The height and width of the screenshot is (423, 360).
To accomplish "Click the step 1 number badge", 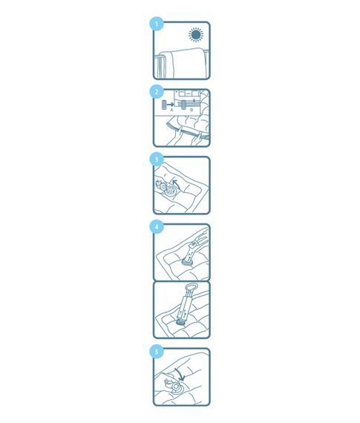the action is tap(157, 24).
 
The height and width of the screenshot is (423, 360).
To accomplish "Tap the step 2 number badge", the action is tap(157, 92).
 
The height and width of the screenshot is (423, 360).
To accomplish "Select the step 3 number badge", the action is tap(157, 160).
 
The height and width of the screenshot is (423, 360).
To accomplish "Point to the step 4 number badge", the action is tap(157, 227).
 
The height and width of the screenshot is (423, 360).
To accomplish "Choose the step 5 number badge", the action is tap(157, 352).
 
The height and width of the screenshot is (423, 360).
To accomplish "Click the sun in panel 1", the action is tap(196, 35).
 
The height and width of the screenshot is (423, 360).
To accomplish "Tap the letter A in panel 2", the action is tap(171, 110).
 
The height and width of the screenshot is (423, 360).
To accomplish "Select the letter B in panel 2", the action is tap(192, 110).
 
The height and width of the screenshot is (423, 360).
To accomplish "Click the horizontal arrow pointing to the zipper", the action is tap(170, 104).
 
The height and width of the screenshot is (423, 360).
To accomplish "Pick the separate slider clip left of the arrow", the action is tap(163, 105).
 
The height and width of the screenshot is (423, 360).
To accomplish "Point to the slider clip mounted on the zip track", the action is tap(184, 105).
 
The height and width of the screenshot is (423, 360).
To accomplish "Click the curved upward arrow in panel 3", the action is tap(176, 184).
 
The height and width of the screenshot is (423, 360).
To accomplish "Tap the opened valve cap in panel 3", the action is tap(161, 186).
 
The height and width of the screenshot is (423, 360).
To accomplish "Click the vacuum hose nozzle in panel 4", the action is tap(194, 248).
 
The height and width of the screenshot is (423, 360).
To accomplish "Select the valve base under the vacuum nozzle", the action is tap(187, 262).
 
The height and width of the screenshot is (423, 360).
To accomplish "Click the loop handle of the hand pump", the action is tap(191, 286).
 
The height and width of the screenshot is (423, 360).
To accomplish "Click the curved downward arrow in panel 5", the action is tap(180, 374).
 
